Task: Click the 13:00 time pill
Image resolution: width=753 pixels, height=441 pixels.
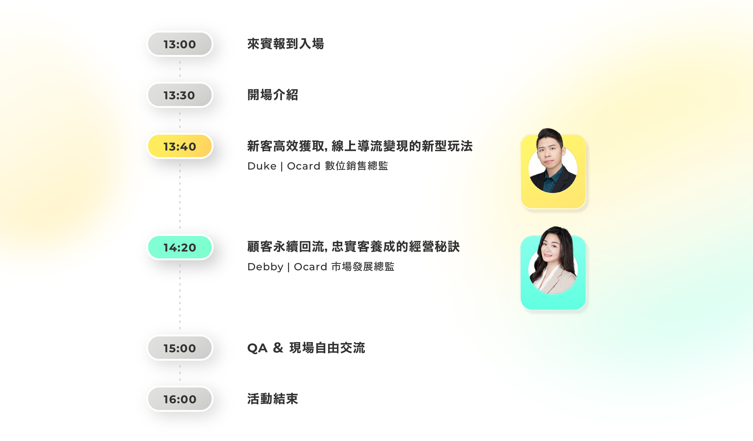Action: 180,44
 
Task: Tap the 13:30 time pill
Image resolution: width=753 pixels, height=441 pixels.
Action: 180,95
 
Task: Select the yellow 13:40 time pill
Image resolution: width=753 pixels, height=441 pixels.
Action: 180,146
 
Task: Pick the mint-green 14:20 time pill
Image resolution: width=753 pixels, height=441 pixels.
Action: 180,247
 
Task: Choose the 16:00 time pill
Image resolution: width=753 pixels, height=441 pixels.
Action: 180,399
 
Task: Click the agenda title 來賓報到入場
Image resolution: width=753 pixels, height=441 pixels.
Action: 286,44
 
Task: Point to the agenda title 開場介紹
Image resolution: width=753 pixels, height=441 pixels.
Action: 273,95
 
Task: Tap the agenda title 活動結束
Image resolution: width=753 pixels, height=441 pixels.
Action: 273,399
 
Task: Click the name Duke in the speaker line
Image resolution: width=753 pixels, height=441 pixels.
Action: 262,166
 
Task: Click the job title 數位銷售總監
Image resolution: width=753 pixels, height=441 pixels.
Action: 356,166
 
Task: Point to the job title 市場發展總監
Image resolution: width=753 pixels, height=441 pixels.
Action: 363,266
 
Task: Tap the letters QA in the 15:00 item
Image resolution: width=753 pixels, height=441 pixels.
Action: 257,348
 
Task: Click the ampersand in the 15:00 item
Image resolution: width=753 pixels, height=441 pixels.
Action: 278,348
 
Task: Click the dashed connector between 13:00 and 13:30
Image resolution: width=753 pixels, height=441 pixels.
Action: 180,69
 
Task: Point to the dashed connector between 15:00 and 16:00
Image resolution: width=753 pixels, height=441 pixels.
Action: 180,373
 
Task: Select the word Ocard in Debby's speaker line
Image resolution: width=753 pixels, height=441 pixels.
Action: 311,267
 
